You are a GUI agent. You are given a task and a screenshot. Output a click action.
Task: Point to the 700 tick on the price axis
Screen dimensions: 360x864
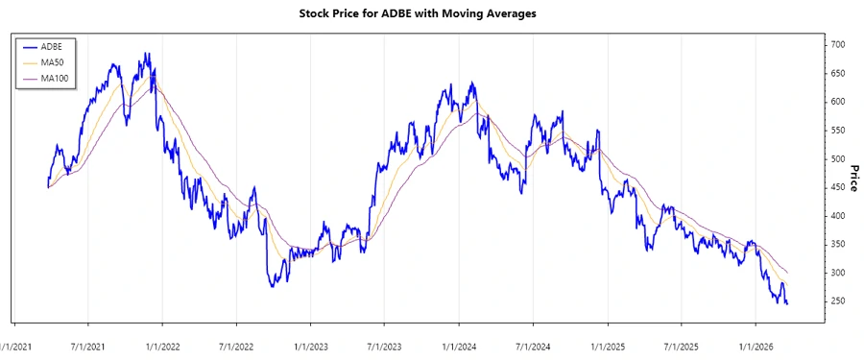tap(838, 45)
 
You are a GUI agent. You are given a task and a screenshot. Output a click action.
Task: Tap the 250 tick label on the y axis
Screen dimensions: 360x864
tap(838, 301)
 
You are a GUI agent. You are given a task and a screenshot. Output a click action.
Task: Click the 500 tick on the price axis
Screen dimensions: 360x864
tap(838, 159)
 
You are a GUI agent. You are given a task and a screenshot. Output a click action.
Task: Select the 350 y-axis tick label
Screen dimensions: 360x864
tap(838, 245)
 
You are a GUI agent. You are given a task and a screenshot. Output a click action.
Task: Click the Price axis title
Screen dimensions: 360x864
tap(853, 179)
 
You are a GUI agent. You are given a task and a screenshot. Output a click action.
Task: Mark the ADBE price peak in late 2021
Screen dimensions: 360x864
tap(146, 54)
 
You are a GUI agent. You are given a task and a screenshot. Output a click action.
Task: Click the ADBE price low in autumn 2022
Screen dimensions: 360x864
tap(273, 286)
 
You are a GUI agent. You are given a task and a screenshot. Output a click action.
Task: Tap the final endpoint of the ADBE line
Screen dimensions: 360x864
tap(787, 304)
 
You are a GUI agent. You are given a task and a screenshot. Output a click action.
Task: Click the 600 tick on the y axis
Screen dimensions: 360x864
tap(838, 102)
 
